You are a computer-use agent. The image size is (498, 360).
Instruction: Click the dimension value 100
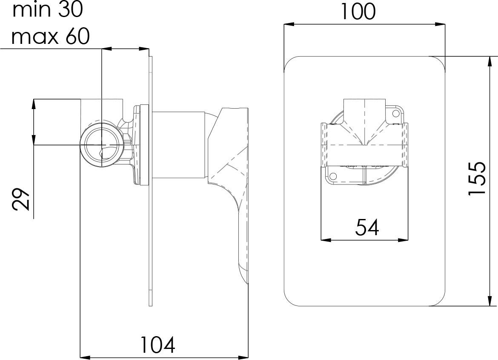click(358, 12)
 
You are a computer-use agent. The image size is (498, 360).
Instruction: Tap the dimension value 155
click(477, 179)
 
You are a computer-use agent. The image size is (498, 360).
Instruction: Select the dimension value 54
click(367, 228)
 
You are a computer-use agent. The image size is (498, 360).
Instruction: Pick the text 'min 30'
click(48, 9)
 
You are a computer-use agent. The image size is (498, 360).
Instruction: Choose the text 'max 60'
click(50, 37)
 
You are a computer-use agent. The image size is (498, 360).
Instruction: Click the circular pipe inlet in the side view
click(101, 144)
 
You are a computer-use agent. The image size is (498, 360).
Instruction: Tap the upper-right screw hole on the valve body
click(396, 113)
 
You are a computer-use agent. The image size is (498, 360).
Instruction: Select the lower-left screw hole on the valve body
click(333, 176)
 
